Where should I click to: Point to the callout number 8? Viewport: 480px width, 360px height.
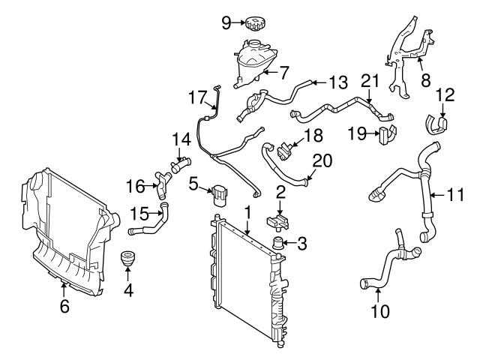pos(425,79)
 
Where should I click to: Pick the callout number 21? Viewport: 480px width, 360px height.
pos(370,80)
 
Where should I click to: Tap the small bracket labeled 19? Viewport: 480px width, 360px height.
pos(387,135)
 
